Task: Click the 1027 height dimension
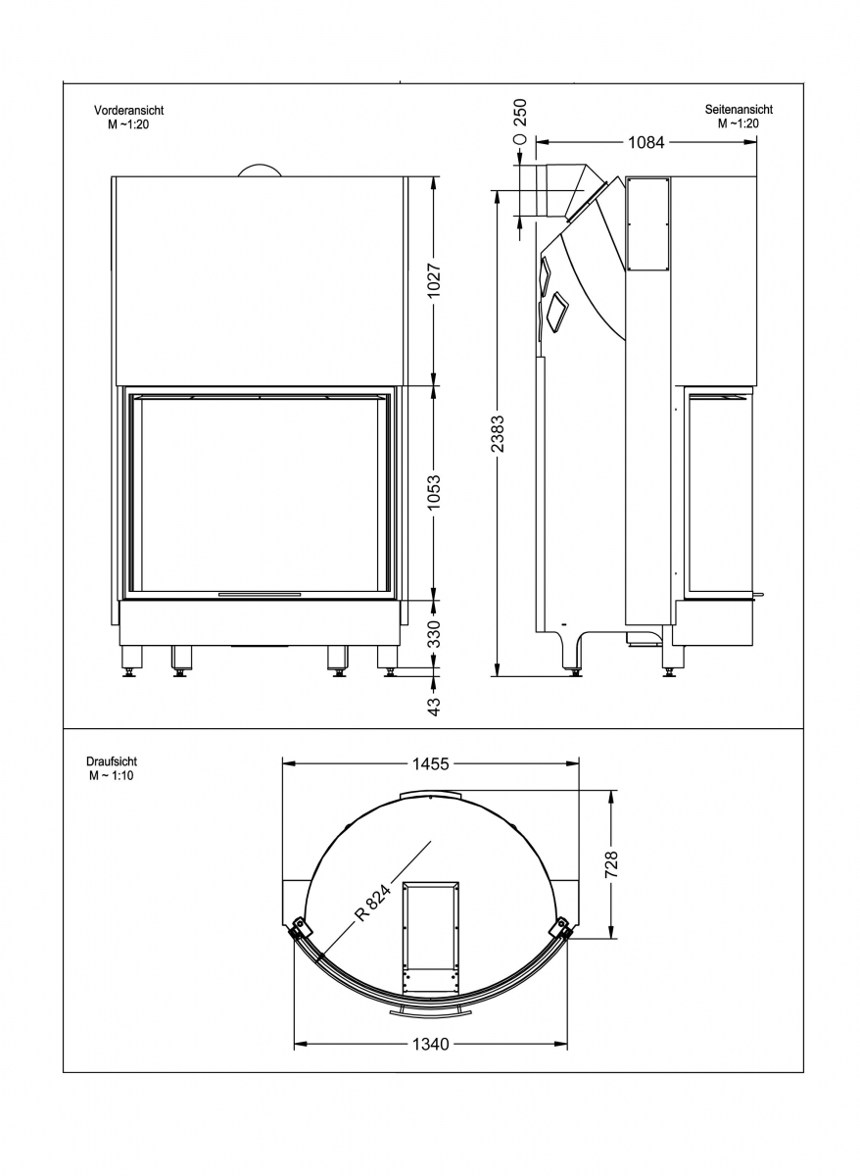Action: pos(434,280)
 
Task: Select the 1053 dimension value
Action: pos(434,493)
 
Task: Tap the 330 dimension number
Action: pos(434,634)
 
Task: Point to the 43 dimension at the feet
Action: pos(434,707)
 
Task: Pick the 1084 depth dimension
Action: pos(645,142)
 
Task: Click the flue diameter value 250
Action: pos(520,112)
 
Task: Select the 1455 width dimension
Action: pos(430,763)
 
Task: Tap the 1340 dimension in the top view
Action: pos(430,1045)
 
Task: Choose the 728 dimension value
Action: pos(611,864)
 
